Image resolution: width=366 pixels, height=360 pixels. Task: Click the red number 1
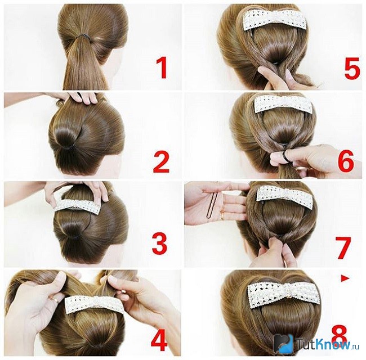(x=162, y=68)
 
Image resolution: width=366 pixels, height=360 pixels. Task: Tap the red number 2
(x=161, y=162)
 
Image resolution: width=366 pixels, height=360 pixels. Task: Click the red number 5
(x=352, y=68)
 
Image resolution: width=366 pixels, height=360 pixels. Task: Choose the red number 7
(x=343, y=248)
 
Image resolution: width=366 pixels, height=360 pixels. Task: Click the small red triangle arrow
(x=345, y=278)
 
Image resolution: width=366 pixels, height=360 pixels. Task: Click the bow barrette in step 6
(x=283, y=104)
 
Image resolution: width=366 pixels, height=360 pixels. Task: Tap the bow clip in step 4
(x=96, y=305)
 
